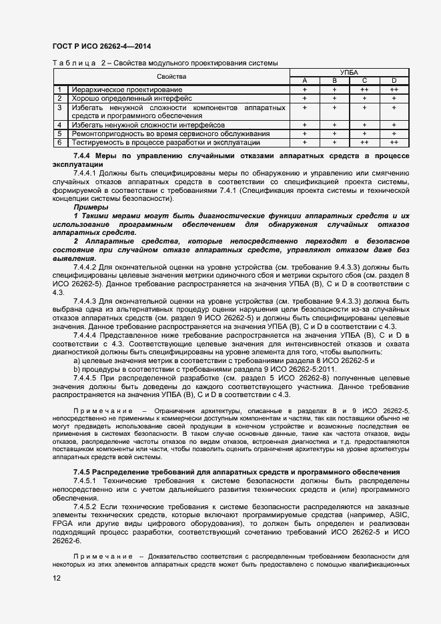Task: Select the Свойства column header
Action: (x=171, y=77)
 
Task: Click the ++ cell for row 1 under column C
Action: (x=364, y=89)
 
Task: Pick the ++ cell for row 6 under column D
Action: (x=394, y=142)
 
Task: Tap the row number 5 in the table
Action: (x=59, y=133)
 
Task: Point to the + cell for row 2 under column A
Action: (x=304, y=98)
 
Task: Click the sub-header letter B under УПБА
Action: (x=334, y=81)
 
